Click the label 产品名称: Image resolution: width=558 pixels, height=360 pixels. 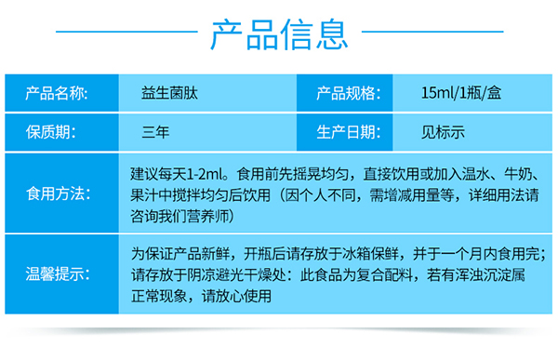pos(57,93)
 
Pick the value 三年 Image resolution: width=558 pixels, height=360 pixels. pos(156,132)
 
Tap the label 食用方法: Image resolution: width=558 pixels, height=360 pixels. pos(57,194)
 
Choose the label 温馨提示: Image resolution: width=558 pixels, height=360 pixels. pos(57,274)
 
